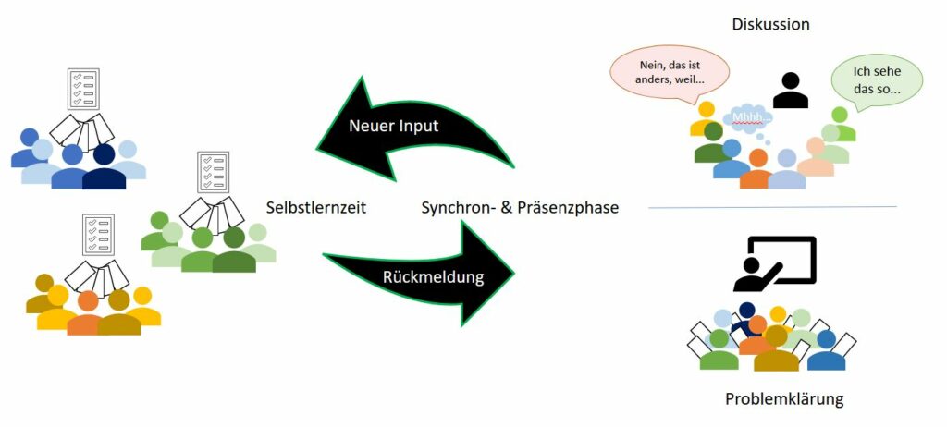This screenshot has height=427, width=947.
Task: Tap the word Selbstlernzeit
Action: coord(316,208)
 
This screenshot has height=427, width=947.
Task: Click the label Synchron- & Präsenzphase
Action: coord(520,208)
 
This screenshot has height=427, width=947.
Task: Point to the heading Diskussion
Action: coord(770,25)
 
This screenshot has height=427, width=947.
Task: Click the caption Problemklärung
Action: coord(784,399)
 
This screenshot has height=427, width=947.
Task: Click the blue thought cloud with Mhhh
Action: coord(749,116)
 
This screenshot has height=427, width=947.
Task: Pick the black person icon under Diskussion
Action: coord(790,91)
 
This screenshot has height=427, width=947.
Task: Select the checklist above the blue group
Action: coord(83,89)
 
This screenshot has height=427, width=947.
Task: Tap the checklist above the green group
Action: coord(214,172)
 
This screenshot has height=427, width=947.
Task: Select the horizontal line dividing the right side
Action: coord(772,207)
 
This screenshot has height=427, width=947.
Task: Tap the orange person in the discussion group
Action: coord(757,169)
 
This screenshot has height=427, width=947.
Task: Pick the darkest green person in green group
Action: coord(234,250)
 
